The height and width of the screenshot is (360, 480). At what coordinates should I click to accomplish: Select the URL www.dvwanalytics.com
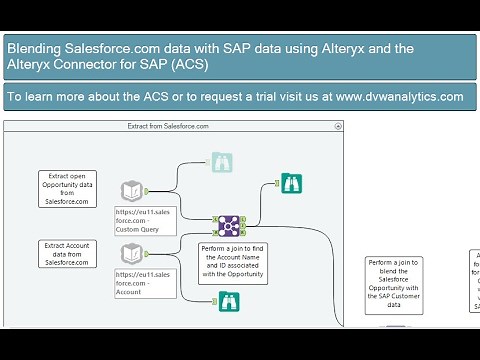400,97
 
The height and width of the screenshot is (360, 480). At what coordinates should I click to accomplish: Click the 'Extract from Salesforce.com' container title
168,127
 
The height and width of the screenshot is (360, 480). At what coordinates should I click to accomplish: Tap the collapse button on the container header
338,127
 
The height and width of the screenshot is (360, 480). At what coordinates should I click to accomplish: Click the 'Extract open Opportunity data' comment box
68,187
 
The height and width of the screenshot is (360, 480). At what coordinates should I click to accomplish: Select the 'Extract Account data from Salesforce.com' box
68,253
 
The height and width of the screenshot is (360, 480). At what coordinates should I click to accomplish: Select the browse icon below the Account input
230,301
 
